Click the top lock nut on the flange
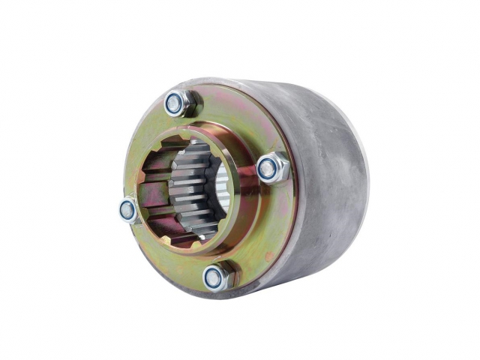[x=178, y=103]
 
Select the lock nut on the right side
[x=271, y=169]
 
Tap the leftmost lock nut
[x=129, y=211]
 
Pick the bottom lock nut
[x=217, y=277]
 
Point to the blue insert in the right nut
[x=268, y=169]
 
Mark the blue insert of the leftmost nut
[x=127, y=211]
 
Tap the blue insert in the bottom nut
[x=214, y=278]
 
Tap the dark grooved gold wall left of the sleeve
[x=161, y=191]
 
